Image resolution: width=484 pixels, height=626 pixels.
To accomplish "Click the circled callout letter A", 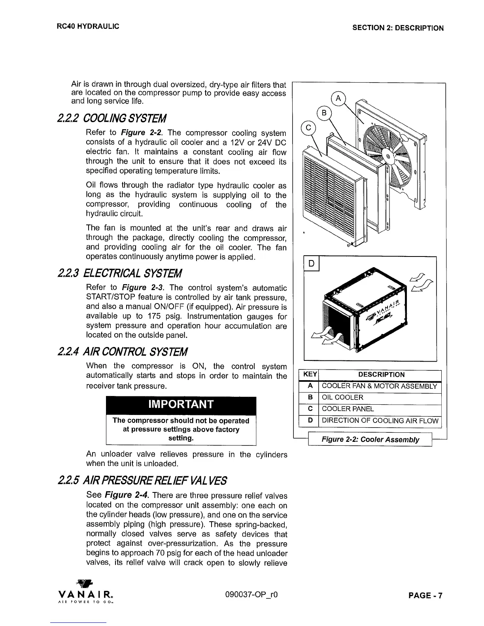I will (x=338, y=98).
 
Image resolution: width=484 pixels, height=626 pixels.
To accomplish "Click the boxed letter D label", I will (x=312, y=263).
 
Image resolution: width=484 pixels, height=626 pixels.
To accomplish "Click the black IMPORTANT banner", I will (x=181, y=404).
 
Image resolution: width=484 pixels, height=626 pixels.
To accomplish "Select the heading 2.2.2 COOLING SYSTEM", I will (x=112, y=118).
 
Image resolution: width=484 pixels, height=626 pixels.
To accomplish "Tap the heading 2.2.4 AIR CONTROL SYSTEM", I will (x=123, y=351).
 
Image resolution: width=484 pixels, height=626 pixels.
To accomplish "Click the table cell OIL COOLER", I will (x=342, y=398).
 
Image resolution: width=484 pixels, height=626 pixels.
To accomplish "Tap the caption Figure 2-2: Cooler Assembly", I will (x=370, y=439).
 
